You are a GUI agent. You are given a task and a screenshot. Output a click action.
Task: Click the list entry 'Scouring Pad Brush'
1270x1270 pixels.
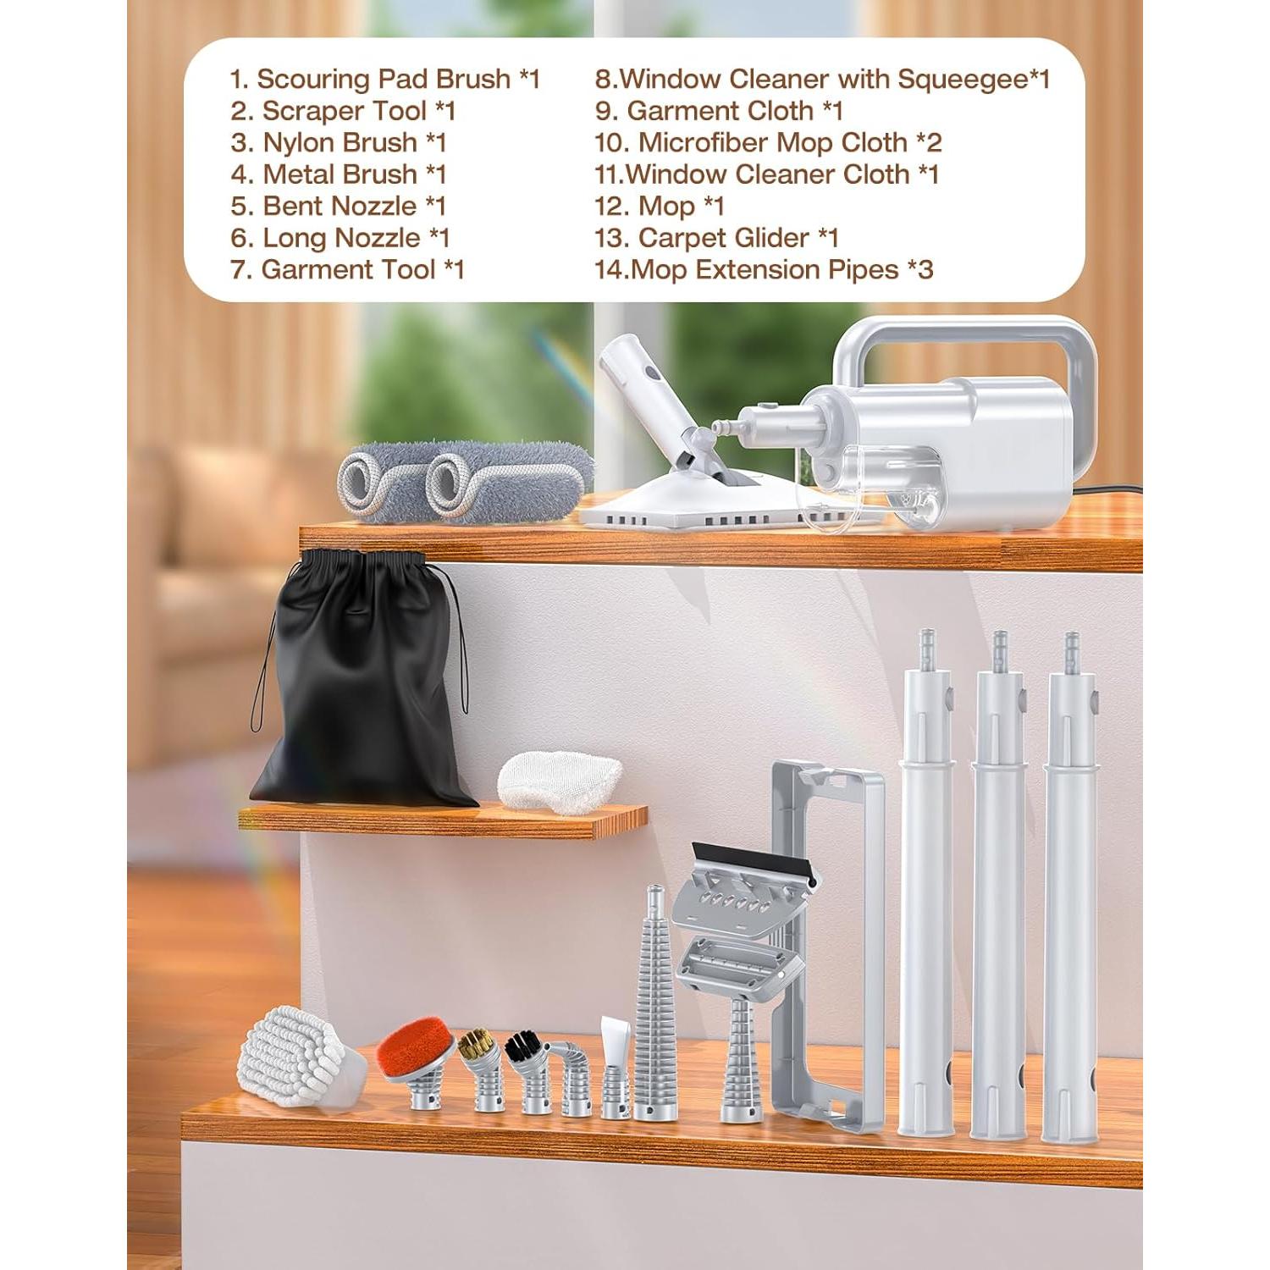tap(385, 79)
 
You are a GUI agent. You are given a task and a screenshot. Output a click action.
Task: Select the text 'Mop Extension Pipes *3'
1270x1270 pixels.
tap(764, 270)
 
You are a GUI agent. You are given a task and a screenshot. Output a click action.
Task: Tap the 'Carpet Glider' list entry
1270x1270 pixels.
tap(716, 238)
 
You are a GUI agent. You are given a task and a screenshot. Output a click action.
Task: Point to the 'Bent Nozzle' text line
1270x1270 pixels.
tap(338, 206)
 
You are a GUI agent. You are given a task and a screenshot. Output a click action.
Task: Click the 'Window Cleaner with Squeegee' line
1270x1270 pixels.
tap(822, 79)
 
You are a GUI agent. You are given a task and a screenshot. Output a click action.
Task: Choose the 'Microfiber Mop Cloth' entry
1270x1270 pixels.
tap(768, 142)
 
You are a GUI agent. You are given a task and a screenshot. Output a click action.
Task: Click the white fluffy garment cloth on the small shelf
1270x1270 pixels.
tap(559, 781)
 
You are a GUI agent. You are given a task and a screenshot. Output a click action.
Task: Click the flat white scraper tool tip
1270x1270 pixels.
tap(613, 1037)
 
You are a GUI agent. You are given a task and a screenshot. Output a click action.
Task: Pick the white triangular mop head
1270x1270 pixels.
tap(703, 500)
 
